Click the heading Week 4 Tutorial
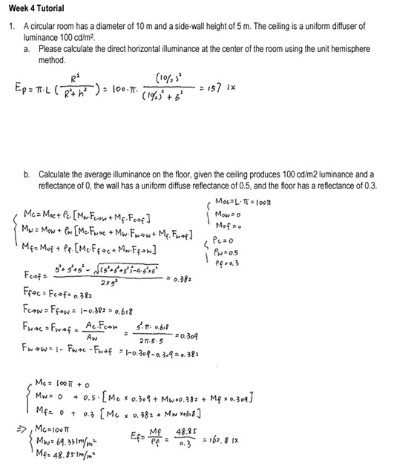(x=33, y=8)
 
